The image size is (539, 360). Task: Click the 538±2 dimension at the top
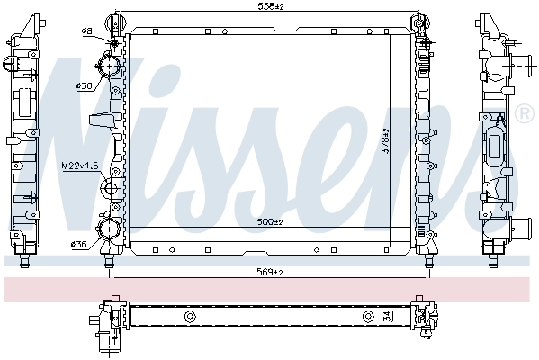tap(270, 6)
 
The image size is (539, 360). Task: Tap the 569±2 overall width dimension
tap(270, 273)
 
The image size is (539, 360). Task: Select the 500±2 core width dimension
tap(270, 222)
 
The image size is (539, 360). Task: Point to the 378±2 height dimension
tap(386, 141)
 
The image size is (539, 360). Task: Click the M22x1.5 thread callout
tap(80, 166)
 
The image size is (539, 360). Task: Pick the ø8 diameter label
tap(87, 31)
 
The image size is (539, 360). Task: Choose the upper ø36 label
tap(85, 85)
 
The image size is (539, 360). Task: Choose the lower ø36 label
tap(78, 245)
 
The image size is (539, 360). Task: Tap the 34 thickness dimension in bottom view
tap(386, 315)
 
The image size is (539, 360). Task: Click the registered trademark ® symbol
tap(524, 113)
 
